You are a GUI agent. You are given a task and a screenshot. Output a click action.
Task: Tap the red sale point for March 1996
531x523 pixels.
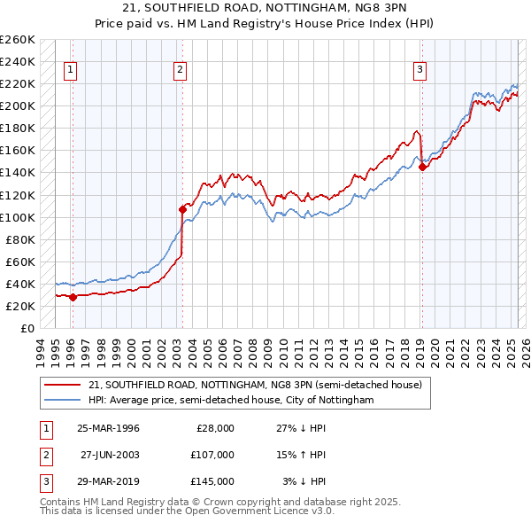tap(73, 297)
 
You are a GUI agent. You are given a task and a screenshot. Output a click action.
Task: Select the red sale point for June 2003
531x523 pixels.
tap(182, 209)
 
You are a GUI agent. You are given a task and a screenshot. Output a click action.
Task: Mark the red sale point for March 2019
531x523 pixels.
tap(422, 167)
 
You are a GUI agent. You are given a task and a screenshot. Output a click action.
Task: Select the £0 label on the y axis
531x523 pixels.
tap(27, 329)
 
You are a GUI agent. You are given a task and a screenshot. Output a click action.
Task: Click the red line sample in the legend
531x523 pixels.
tap(63, 385)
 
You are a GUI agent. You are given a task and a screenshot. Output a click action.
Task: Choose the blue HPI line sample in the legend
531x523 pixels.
tap(63, 400)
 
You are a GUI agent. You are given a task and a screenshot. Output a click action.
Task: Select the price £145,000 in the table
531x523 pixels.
tap(212, 481)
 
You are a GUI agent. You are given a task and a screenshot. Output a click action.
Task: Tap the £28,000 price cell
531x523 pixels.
tap(215, 428)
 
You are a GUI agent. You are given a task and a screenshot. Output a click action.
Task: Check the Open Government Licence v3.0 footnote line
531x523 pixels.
tap(187, 511)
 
